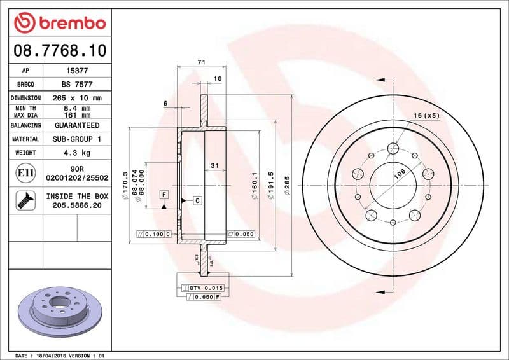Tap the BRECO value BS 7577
(77, 84)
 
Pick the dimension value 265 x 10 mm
(77, 98)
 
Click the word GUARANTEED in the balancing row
(77, 125)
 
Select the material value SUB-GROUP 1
(77, 139)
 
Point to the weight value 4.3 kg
(77, 153)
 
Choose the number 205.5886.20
(77, 206)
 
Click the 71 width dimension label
(201, 62)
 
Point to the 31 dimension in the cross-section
(215, 165)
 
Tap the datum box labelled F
(164, 193)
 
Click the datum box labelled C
(197, 200)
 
